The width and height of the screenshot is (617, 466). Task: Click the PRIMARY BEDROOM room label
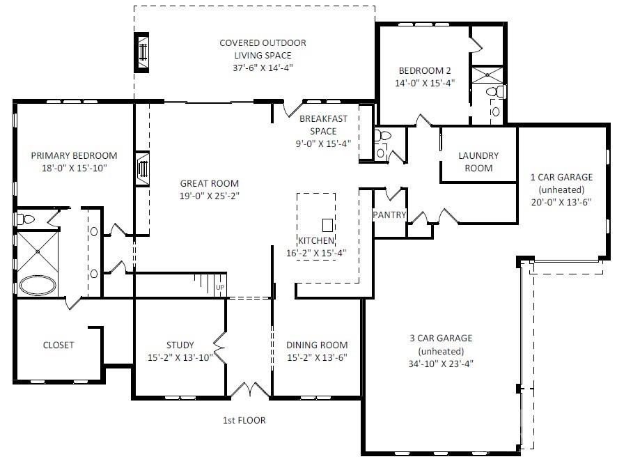(74, 156)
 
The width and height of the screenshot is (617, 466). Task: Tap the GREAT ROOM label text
(209, 184)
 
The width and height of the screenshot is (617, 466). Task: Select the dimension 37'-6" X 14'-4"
(263, 68)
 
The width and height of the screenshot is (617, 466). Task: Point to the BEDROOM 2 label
(425, 70)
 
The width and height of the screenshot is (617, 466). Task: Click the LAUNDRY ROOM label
(478, 162)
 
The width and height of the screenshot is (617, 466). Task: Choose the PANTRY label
(389, 215)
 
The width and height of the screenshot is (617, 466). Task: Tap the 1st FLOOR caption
(243, 420)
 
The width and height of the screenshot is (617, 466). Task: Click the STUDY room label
(180, 345)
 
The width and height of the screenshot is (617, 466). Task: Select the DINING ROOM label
(317, 345)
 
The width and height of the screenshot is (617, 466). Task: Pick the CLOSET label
(58, 345)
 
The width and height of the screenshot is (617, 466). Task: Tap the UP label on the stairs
(220, 287)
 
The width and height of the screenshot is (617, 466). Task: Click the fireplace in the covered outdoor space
(143, 52)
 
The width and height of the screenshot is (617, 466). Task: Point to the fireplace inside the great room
(143, 168)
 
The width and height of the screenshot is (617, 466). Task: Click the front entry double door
(249, 391)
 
